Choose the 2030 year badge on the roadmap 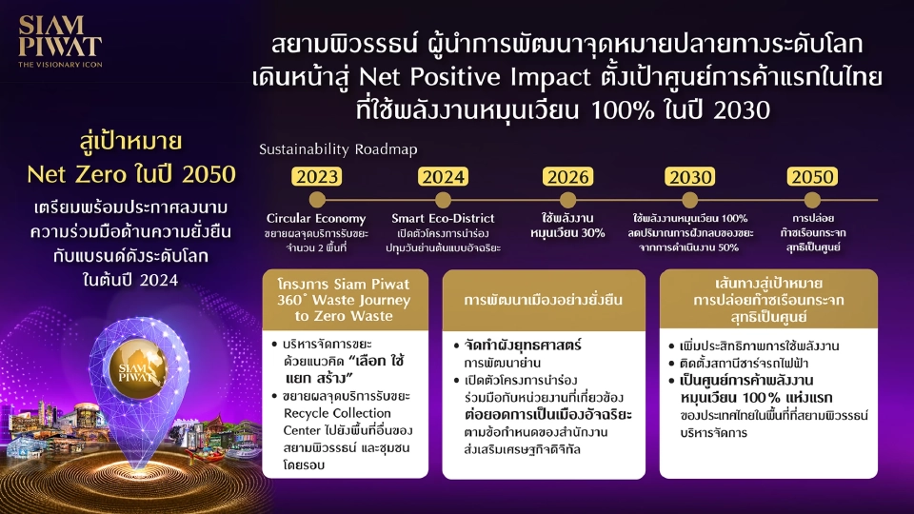tap(690, 177)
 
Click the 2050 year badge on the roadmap tap(812, 177)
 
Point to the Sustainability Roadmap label tap(338, 149)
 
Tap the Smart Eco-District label tap(446, 219)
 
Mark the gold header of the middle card tap(545, 299)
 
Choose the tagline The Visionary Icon tap(59, 65)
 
